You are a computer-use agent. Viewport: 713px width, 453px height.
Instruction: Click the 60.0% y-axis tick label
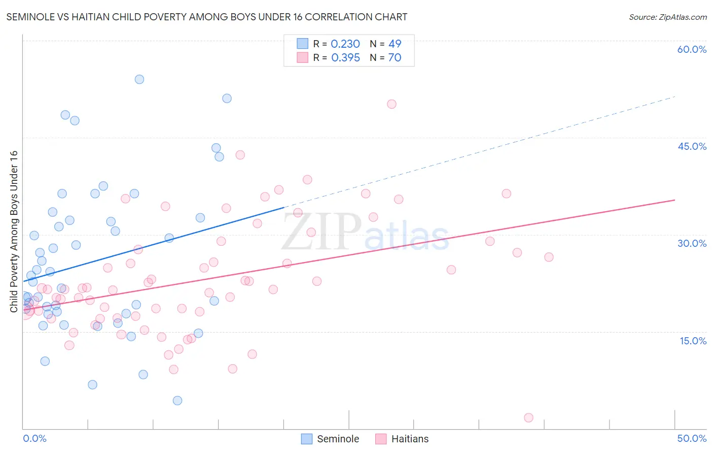tap(692, 49)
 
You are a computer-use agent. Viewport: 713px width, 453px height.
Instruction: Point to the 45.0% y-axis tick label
tap(692, 146)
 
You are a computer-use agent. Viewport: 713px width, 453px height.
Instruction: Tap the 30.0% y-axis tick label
tap(692, 243)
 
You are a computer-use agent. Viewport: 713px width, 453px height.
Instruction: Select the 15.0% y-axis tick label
tap(693, 341)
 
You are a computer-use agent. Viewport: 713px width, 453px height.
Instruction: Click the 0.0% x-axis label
tap(34, 438)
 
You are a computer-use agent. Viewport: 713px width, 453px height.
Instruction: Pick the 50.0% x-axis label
tap(692, 438)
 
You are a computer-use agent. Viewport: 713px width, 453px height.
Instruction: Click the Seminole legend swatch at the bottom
tap(307, 439)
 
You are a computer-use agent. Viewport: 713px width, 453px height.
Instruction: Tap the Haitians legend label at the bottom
tap(410, 439)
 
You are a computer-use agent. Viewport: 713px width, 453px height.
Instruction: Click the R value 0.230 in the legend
tap(345, 44)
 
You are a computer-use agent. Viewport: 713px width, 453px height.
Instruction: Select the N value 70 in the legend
tap(395, 58)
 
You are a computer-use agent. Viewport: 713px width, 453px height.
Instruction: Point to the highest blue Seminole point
tap(139, 79)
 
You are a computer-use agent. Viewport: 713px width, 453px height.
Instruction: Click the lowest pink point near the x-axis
tap(528, 417)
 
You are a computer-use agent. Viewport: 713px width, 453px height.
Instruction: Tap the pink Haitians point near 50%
tap(391, 104)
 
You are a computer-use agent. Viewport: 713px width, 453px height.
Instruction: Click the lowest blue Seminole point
tap(177, 400)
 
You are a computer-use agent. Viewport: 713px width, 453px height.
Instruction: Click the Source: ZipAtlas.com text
tap(667, 17)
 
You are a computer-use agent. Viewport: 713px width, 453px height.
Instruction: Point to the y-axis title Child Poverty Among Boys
tap(14, 231)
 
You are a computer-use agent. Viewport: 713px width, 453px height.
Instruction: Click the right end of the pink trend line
tap(674, 200)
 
